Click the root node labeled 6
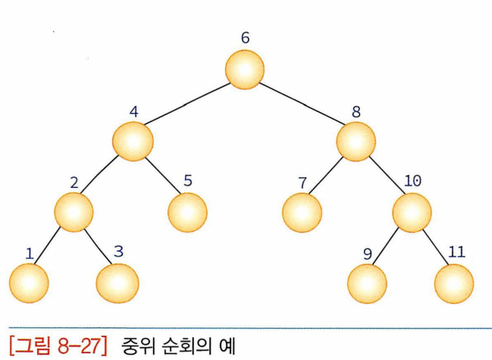tap(244, 69)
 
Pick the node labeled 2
tap(73, 211)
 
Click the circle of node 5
tap(187, 211)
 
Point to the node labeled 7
tap(301, 211)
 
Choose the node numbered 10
tap(412, 211)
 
